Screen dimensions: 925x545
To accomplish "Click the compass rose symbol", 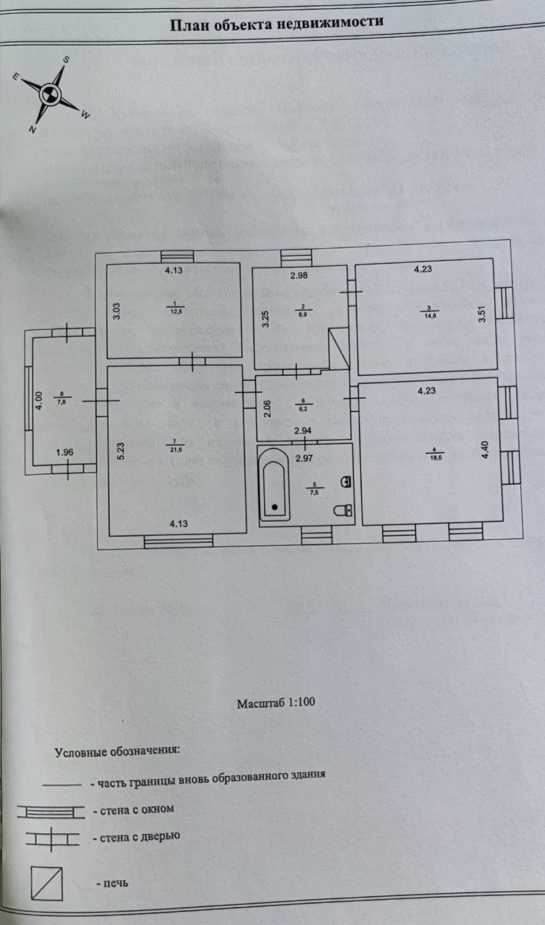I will point(49,92).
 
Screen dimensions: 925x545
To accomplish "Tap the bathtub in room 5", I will point(274,486).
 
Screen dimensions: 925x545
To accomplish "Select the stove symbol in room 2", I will point(339,349).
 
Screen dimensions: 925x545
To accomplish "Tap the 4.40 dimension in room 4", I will point(485,450).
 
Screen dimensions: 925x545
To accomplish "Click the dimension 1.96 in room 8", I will point(65,452).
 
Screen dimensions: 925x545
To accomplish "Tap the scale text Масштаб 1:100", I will point(276,703).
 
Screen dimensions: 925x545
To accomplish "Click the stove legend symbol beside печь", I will point(47,883).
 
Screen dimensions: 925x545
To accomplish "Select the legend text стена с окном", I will point(137,809).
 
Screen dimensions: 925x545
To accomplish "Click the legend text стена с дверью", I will point(139,837).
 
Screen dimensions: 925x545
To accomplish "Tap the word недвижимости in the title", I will point(329,23).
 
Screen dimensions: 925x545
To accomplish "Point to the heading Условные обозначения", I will point(117,752).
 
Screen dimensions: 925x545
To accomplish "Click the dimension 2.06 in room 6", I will point(267,409).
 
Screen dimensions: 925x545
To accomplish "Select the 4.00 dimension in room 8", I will point(39,401).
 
